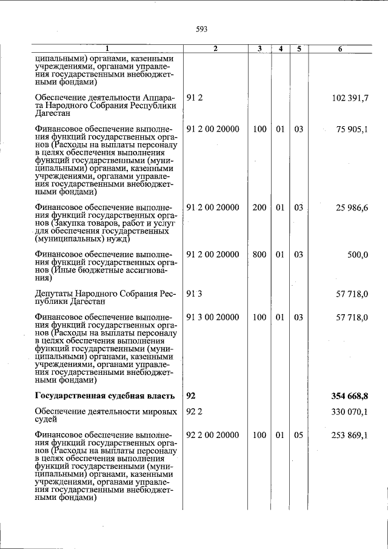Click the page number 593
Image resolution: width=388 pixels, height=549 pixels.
pyautogui.click(x=202, y=29)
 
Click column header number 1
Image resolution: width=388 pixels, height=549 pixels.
pyautogui.click(x=107, y=49)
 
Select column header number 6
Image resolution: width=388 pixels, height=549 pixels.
pyautogui.click(x=340, y=49)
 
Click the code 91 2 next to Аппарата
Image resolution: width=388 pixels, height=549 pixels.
pyautogui.click(x=193, y=98)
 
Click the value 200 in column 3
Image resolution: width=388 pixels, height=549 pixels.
pyautogui.click(x=259, y=207)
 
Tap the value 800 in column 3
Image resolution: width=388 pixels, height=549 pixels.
pyautogui.click(x=259, y=255)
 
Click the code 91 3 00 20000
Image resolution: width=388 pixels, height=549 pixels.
pyautogui.click(x=213, y=317)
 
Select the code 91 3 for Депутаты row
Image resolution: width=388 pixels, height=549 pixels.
pyautogui.click(x=193, y=294)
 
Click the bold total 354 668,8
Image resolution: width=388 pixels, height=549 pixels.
pyautogui.click(x=350, y=396)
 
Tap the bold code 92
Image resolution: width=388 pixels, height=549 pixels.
pyautogui.click(x=191, y=396)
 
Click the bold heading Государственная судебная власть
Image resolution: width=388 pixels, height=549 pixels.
pyautogui.click(x=105, y=396)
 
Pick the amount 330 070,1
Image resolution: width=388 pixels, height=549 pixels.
pyautogui.click(x=350, y=413)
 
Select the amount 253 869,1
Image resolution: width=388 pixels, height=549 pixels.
pyautogui.click(x=350, y=436)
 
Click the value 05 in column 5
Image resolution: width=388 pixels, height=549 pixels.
pyautogui.click(x=298, y=436)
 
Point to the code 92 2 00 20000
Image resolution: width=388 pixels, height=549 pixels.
pyautogui.click(x=213, y=436)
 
